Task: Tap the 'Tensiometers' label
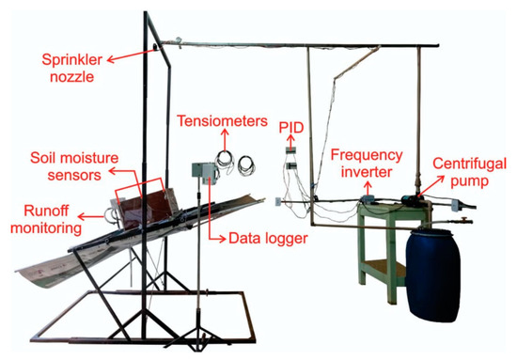(x=214, y=119)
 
